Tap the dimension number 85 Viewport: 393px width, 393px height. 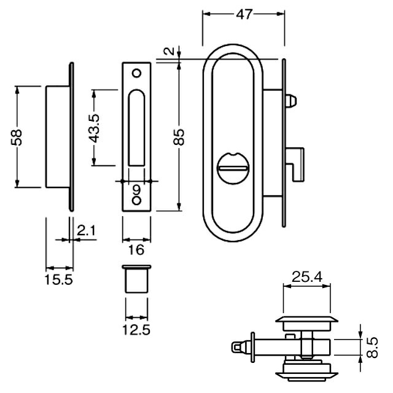tap(179, 136)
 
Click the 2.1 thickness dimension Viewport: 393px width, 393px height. tap(86, 231)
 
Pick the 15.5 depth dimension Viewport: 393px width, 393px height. tap(59, 280)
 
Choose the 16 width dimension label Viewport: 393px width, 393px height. tap(136, 249)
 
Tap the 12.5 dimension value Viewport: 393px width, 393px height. tap(137, 329)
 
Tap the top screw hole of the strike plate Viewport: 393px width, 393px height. tap(136, 74)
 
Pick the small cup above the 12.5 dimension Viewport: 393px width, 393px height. tap(136, 280)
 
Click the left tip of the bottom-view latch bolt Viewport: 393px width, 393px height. tap(236, 348)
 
